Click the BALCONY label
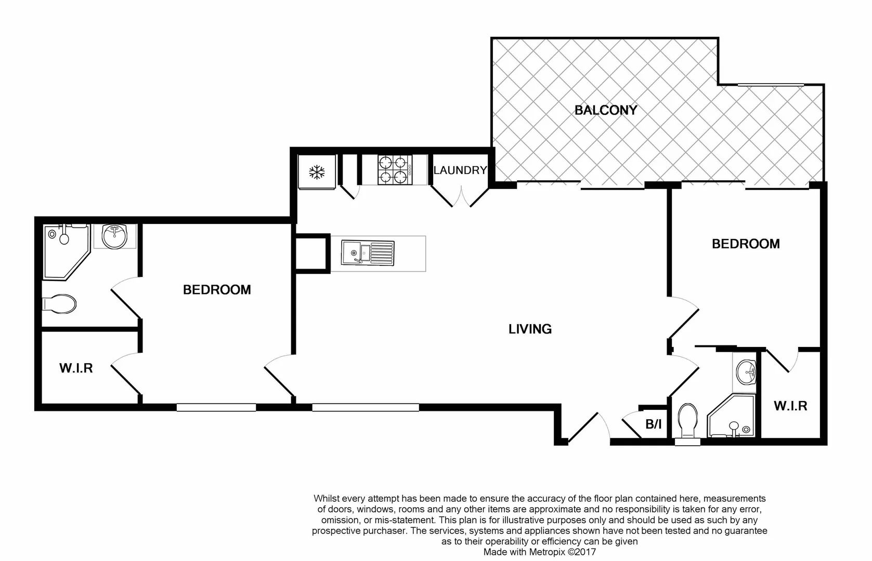pyautogui.click(x=605, y=110)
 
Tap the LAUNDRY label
pyautogui.click(x=460, y=170)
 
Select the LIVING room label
pyautogui.click(x=530, y=329)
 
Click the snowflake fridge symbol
pyautogui.click(x=317, y=172)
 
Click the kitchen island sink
pyautogui.click(x=368, y=253)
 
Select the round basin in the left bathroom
pyautogui.click(x=114, y=236)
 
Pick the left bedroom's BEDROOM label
pyautogui.click(x=217, y=289)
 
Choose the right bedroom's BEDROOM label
pyautogui.click(x=745, y=244)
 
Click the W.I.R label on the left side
pyautogui.click(x=76, y=368)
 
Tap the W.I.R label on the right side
pyautogui.click(x=790, y=406)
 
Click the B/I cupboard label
pyautogui.click(x=653, y=424)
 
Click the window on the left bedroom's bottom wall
pyautogui.click(x=216, y=408)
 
